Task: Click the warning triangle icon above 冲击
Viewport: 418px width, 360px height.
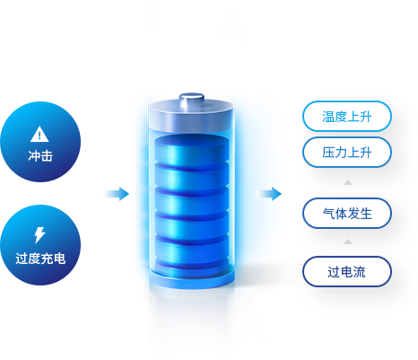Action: [x=39, y=135]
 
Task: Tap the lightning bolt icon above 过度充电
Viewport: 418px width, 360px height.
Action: [x=39, y=235]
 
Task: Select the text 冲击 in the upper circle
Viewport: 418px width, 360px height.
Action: [x=40, y=156]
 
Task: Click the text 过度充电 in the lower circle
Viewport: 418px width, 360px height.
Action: [x=40, y=259]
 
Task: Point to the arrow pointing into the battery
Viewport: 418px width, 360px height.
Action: [x=117, y=194]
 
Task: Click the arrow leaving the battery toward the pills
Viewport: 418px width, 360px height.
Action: [x=268, y=194]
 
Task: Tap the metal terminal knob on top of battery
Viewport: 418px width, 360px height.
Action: [x=192, y=99]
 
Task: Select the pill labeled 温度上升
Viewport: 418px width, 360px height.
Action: [x=347, y=117]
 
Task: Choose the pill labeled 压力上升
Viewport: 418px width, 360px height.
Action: [x=347, y=153]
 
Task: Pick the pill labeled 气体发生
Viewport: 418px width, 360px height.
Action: [x=347, y=214]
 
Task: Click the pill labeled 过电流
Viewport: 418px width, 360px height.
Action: [x=347, y=272]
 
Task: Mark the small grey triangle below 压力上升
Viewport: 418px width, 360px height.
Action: [x=348, y=182]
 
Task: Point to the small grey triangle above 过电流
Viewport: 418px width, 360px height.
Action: [x=348, y=241]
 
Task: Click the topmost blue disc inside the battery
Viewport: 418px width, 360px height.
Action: [x=192, y=149]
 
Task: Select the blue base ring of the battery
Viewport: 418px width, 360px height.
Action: [x=192, y=279]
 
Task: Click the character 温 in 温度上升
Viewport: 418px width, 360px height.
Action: [x=328, y=117]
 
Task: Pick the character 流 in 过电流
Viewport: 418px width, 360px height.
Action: [x=360, y=272]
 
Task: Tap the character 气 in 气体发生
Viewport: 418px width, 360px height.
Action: [x=328, y=214]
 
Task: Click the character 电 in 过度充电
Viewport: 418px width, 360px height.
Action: [x=59, y=259]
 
